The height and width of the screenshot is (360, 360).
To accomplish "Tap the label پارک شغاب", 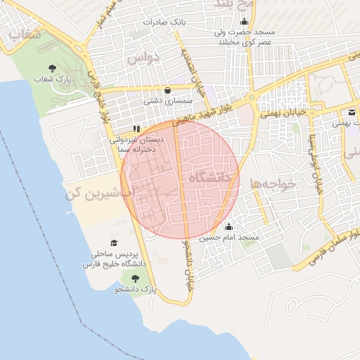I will (53, 79).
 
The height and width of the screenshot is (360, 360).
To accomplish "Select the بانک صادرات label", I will (164, 22).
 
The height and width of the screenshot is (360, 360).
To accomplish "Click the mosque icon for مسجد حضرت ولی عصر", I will (243, 21).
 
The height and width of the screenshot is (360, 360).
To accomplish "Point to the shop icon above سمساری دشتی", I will (167, 90).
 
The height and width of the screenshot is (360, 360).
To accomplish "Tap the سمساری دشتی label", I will (165, 101).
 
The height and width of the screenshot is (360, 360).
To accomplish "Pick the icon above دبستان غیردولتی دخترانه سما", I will (136, 129).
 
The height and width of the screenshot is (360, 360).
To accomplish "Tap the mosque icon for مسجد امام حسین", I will (229, 226).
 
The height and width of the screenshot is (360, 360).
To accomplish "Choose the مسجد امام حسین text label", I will (229, 238).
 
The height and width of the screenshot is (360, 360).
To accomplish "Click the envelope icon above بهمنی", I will (350, 112).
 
